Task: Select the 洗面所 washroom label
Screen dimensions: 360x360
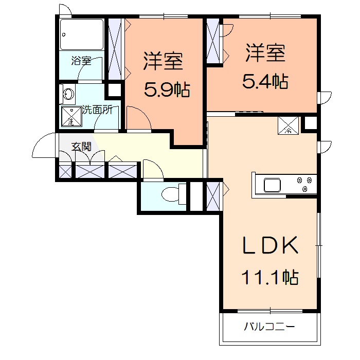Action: pyautogui.click(x=98, y=110)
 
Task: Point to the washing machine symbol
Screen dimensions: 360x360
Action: pyautogui.click(x=71, y=118)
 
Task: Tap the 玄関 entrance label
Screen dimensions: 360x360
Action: pyautogui.click(x=81, y=147)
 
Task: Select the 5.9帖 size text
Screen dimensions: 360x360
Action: pyautogui.click(x=167, y=91)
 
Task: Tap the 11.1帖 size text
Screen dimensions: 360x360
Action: pyautogui.click(x=269, y=278)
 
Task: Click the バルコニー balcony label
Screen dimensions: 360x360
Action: pyautogui.click(x=269, y=327)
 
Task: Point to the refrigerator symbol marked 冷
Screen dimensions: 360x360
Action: pyautogui.click(x=289, y=125)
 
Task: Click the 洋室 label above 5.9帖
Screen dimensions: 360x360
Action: pyautogui.click(x=163, y=62)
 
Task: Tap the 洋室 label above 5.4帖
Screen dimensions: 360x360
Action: pyautogui.click(x=265, y=53)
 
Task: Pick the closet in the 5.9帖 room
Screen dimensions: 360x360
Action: pyautogui.click(x=115, y=49)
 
